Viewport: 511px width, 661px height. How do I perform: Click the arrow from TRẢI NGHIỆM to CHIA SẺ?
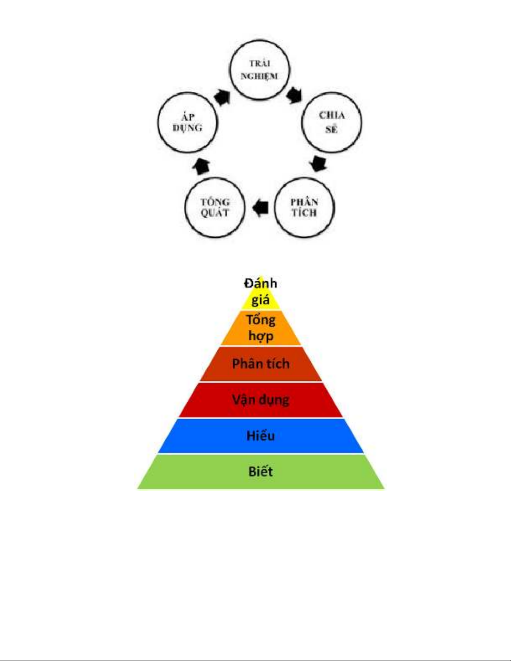pos(294,95)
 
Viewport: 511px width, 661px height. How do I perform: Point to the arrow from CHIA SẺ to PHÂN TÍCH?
pos(318,163)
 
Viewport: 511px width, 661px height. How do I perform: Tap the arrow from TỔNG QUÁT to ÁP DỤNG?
pos(201,166)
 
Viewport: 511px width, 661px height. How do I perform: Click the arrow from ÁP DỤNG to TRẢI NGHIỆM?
pos(222,97)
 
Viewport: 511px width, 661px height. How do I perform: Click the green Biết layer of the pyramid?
pos(261,472)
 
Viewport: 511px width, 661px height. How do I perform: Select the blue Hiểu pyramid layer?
pos(261,436)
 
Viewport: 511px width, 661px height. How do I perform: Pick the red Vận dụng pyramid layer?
pos(261,400)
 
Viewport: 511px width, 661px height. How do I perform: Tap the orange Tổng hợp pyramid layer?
pos(261,328)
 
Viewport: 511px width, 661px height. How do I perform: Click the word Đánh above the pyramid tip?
pos(261,283)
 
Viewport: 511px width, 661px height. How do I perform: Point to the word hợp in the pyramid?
pos(261,336)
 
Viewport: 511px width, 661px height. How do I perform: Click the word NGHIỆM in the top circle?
pos(259,76)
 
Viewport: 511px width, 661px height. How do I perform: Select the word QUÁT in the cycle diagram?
pos(215,213)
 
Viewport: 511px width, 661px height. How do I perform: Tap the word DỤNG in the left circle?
pos(187,128)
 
